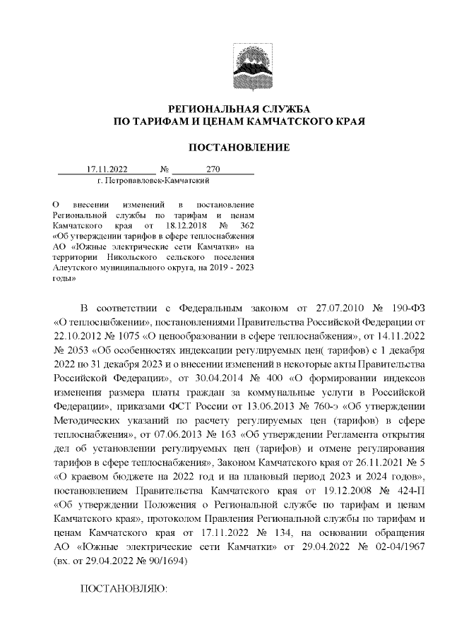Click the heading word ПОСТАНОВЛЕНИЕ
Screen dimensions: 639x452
[x=239, y=148]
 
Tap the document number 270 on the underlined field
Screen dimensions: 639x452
[x=213, y=169]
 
